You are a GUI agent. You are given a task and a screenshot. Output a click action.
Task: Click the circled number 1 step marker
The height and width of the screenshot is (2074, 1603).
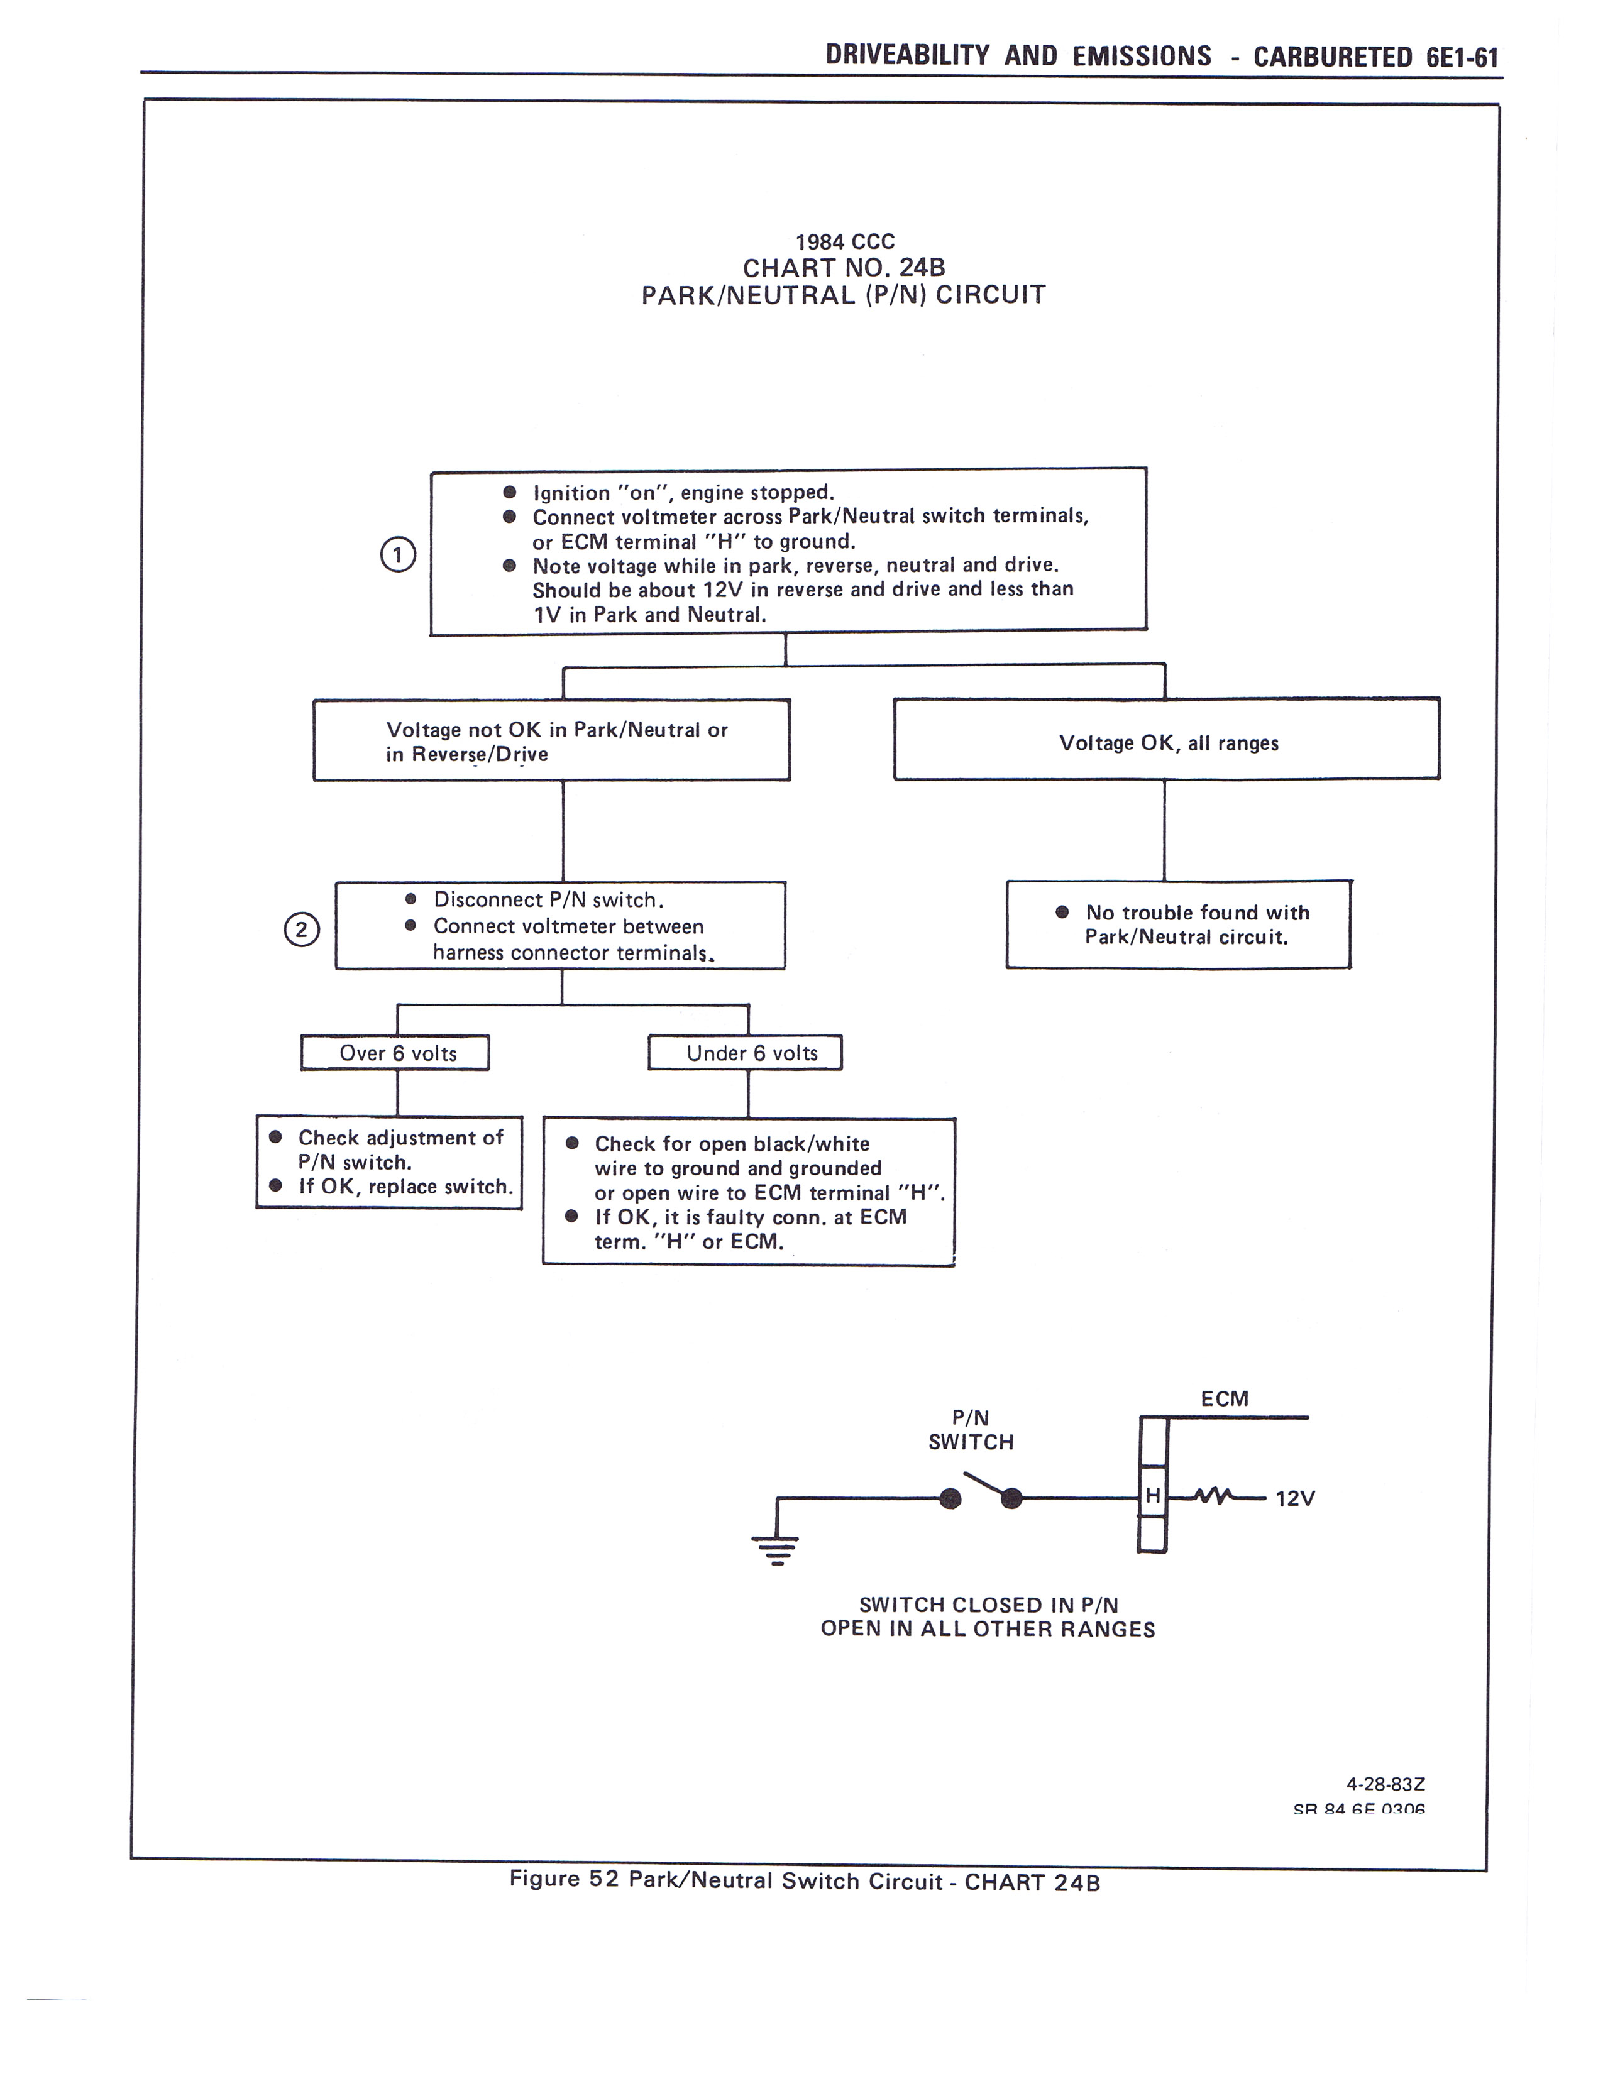[x=398, y=554]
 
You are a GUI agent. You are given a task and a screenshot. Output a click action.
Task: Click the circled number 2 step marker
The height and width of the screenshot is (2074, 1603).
[x=302, y=929]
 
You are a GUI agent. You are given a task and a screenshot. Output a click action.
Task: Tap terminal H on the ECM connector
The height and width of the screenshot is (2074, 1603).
[x=1152, y=1496]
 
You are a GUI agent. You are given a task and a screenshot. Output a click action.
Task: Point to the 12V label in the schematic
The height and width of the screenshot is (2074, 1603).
[x=1294, y=1498]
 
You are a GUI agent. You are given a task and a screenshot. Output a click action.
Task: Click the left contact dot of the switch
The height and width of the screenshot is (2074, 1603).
[x=950, y=1498]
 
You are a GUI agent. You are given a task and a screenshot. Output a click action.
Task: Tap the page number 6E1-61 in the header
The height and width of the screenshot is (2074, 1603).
[x=1462, y=57]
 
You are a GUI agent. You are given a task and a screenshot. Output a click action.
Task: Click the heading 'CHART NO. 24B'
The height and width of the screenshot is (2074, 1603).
[x=843, y=268]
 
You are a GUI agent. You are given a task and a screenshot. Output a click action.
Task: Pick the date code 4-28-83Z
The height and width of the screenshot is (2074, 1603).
[x=1385, y=1784]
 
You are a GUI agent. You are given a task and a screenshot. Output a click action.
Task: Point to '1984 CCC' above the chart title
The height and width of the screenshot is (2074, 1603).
[x=844, y=242]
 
